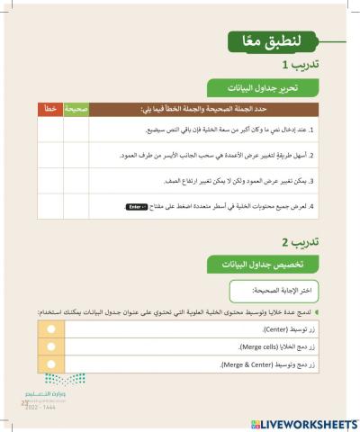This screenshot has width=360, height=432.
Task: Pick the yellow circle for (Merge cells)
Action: [50, 347]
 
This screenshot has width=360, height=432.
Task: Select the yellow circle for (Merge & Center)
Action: [50, 364]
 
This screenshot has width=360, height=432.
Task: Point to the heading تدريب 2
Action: [296, 243]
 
